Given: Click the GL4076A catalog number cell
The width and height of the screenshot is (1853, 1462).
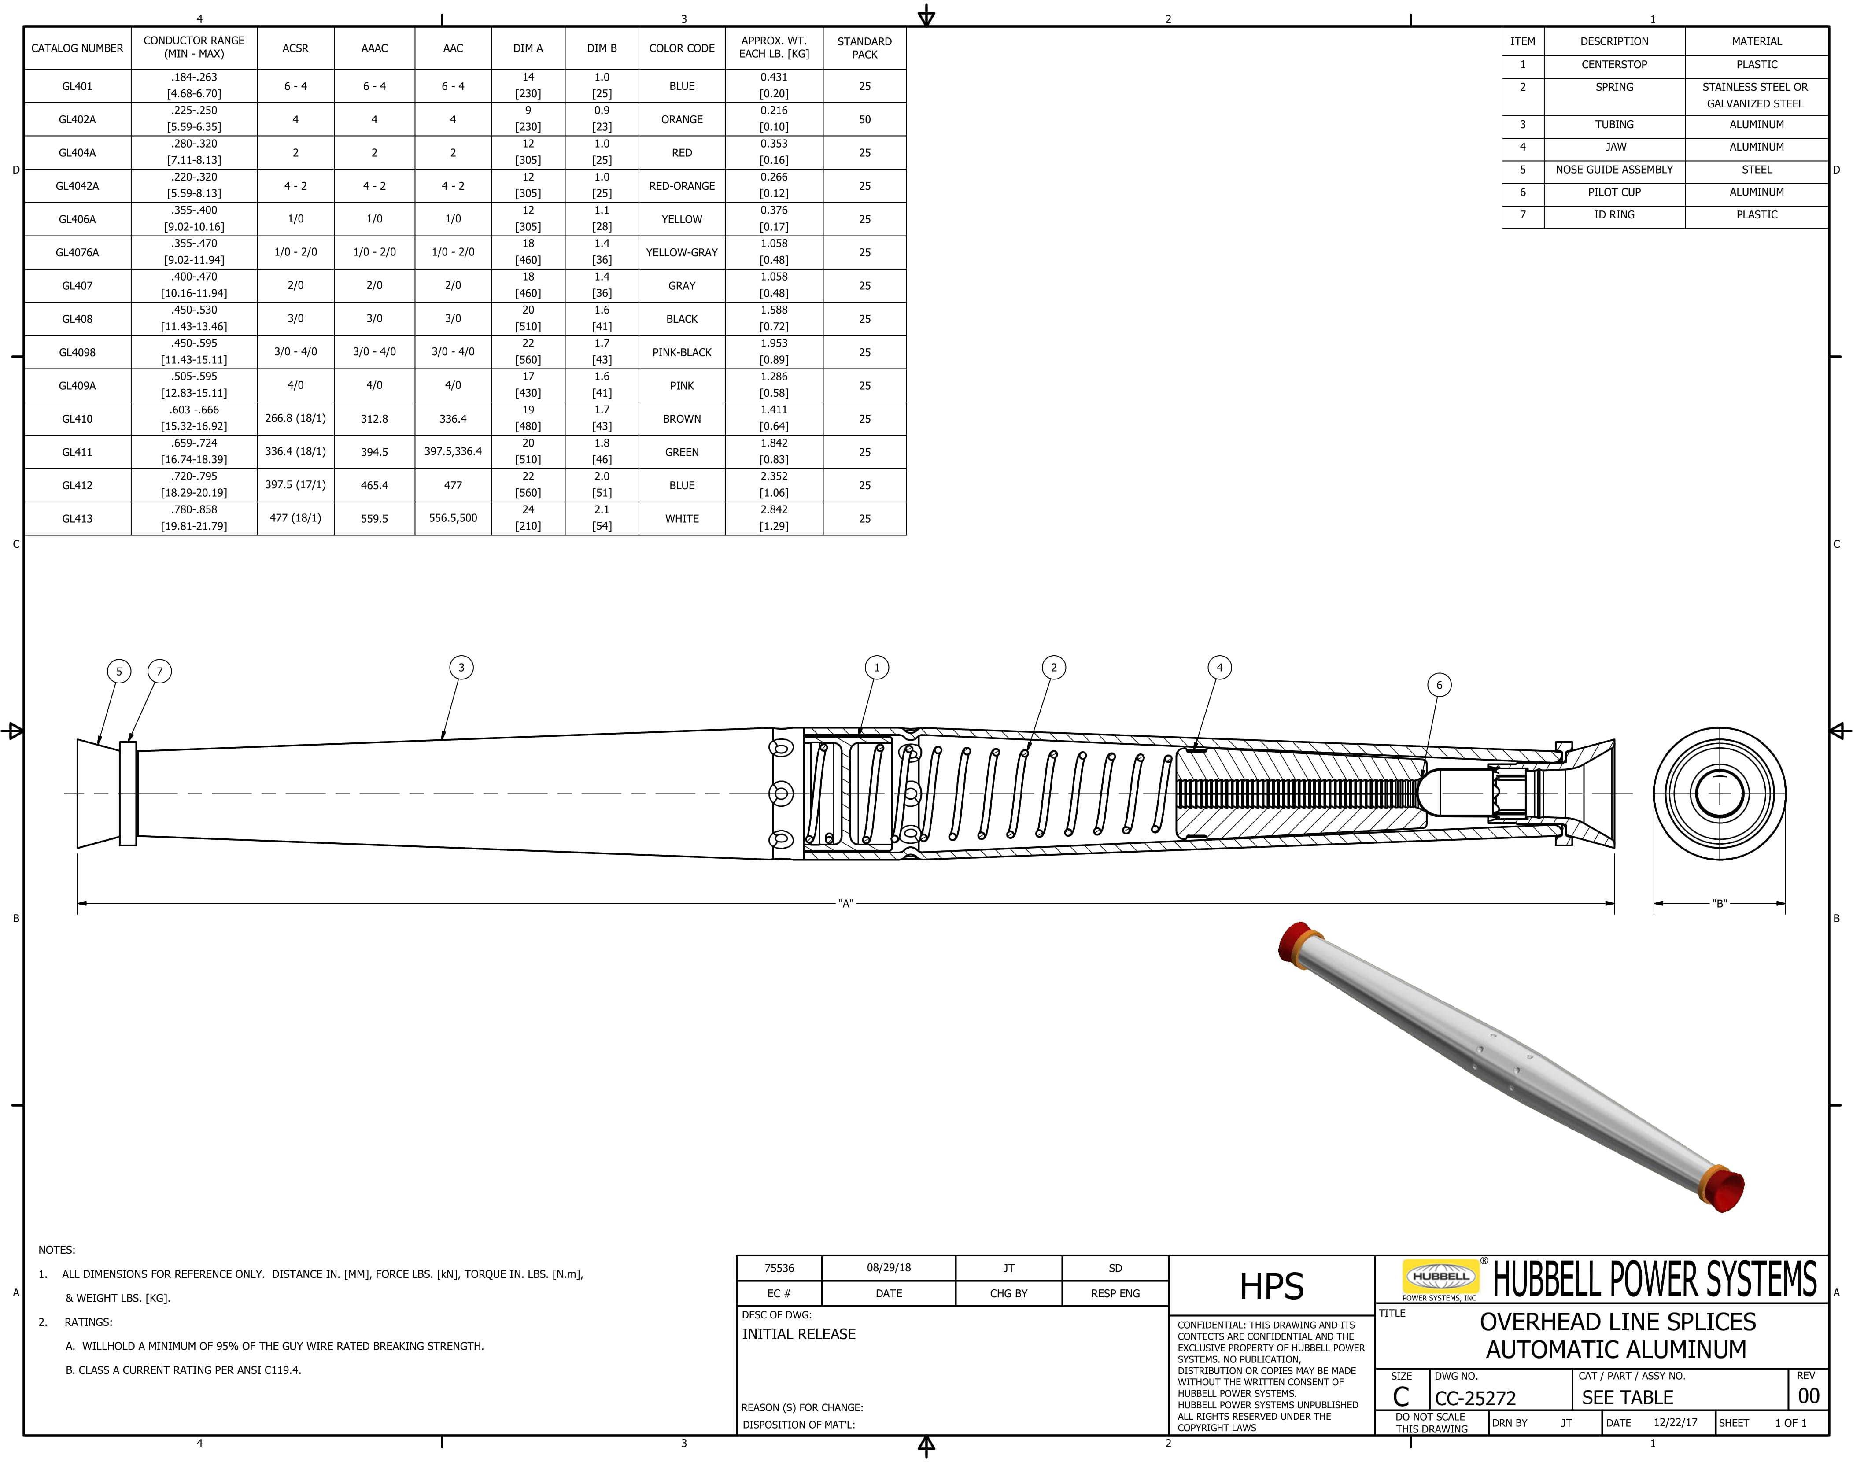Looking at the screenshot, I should [77, 252].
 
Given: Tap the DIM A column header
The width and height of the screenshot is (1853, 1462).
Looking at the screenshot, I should [528, 48].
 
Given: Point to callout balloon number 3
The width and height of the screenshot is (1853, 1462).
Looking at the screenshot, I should [461, 668].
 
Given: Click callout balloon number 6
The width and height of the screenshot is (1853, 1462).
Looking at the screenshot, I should [1439, 685].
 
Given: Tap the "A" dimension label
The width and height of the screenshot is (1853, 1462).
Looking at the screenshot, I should [845, 903].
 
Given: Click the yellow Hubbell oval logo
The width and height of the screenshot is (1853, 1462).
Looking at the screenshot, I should [1440, 1276].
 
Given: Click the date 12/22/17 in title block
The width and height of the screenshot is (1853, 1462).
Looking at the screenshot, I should [1675, 1423].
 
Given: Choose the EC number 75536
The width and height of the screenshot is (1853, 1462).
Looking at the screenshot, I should [779, 1268].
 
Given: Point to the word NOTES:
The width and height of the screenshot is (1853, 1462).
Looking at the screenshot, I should [56, 1250].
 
